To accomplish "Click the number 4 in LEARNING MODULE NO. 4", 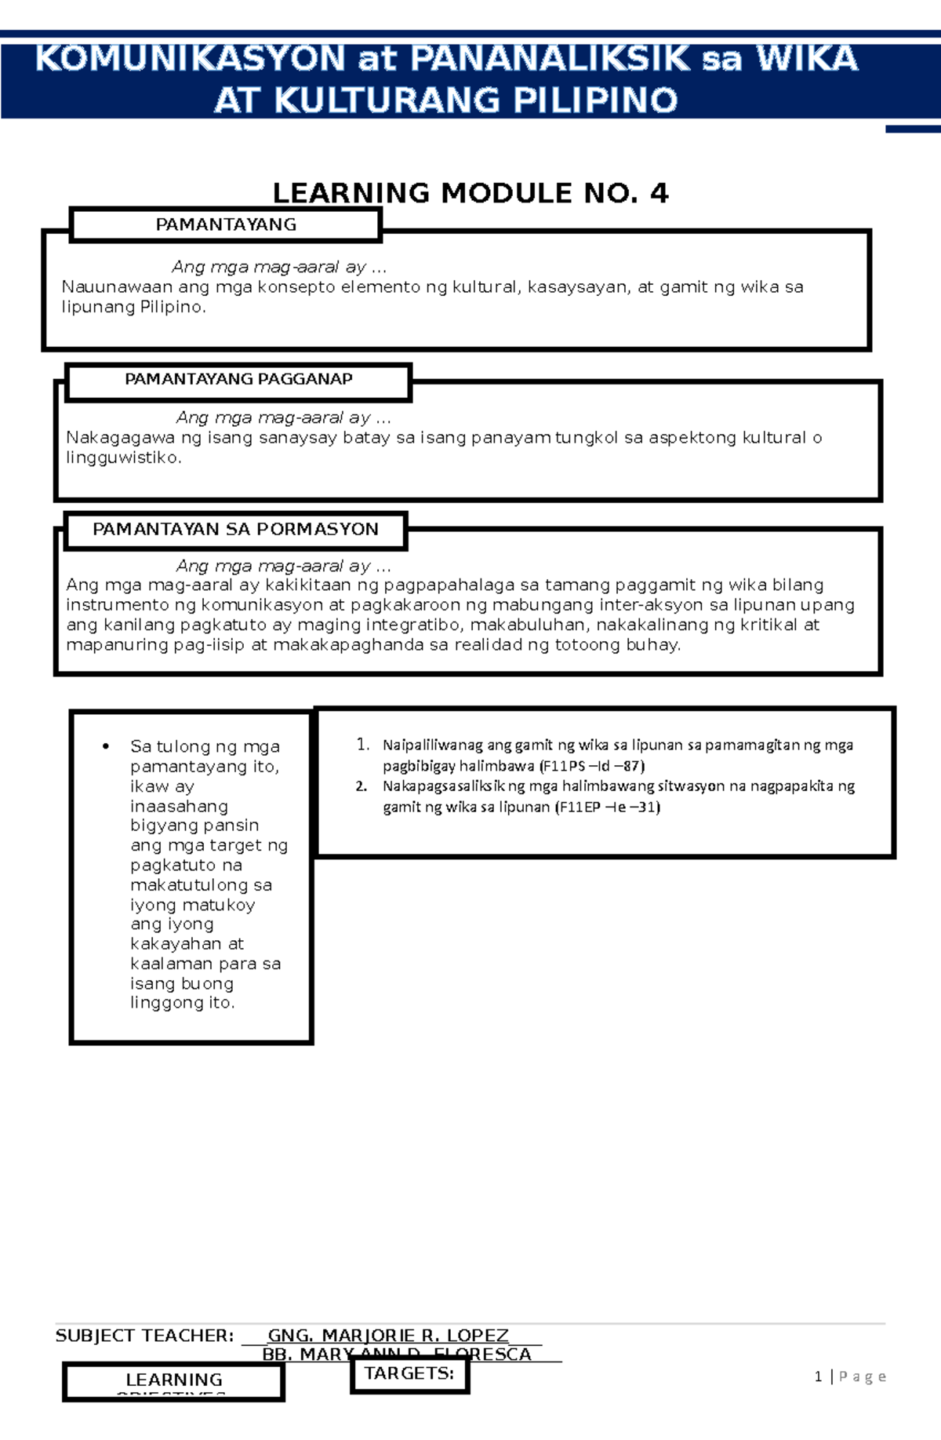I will click(659, 193).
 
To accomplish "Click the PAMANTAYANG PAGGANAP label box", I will click(238, 381).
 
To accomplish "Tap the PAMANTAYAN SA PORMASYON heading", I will click(235, 530).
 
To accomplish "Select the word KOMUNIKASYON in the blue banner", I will click(191, 60).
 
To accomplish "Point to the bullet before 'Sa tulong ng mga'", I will click(106, 746).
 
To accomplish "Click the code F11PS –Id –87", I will click(593, 766).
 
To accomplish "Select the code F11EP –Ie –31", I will click(609, 807).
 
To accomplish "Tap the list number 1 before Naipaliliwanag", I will click(362, 745).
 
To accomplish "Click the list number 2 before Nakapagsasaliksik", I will click(362, 786).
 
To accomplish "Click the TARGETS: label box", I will click(409, 1373).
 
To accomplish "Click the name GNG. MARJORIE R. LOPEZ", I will click(388, 1336).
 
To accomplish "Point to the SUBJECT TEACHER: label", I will click(144, 1336).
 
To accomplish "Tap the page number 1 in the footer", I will click(818, 1376).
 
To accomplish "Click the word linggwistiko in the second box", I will click(123, 458).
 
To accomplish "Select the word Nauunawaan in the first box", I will click(116, 287).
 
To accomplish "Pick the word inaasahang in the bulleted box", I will click(179, 806).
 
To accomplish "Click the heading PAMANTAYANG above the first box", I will click(226, 225).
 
